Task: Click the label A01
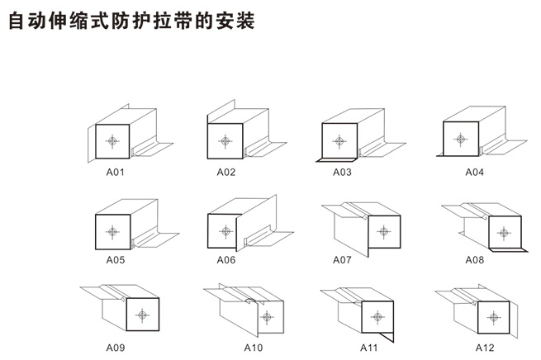pyautogui.click(x=115, y=173)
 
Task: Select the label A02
pyautogui.click(x=226, y=173)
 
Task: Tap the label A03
pyautogui.click(x=342, y=173)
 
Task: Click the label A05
pyautogui.click(x=115, y=259)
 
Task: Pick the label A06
pyautogui.click(x=226, y=259)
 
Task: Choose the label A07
pyautogui.click(x=342, y=259)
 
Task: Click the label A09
pyautogui.click(x=115, y=348)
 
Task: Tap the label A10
pyautogui.click(x=253, y=348)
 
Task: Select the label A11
pyautogui.click(x=368, y=348)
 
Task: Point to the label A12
pyautogui.click(x=485, y=348)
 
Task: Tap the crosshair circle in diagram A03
pyautogui.click(x=339, y=140)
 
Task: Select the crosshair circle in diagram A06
pyautogui.click(x=225, y=230)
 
